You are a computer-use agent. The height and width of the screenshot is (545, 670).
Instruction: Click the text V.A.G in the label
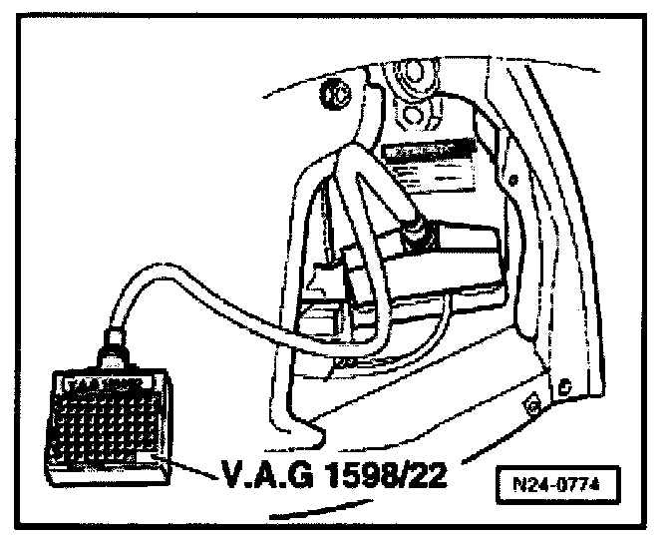(x=253, y=469)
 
